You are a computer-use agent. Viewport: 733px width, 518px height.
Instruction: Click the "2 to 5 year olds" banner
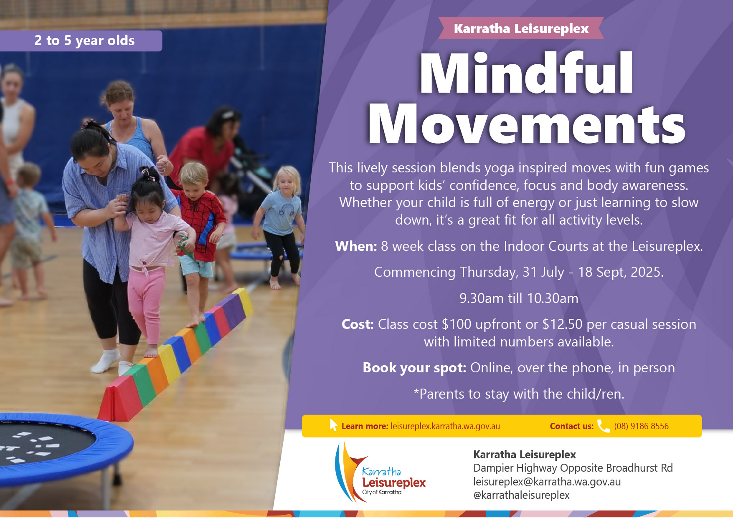[81, 41]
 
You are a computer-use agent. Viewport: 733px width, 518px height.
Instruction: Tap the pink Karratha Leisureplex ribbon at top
[521, 28]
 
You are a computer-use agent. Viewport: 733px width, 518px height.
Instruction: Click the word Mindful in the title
[527, 73]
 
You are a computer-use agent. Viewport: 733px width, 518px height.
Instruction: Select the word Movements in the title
[527, 124]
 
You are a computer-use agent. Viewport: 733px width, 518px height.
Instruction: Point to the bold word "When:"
[356, 246]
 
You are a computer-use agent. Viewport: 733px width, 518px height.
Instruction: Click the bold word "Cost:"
[358, 324]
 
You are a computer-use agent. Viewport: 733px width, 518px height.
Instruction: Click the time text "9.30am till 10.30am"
[519, 298]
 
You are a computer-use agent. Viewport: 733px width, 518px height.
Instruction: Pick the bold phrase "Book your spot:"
[414, 368]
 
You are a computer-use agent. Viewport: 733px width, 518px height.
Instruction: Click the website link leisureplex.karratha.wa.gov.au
[445, 426]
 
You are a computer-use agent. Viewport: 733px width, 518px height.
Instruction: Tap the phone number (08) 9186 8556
[641, 426]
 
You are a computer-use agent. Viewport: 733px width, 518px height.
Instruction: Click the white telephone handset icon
[604, 426]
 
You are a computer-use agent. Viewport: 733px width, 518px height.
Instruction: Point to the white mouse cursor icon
[333, 425]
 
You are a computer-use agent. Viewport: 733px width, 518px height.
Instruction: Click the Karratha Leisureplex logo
[380, 472]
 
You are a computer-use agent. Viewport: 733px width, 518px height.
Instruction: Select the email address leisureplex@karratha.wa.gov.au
[547, 482]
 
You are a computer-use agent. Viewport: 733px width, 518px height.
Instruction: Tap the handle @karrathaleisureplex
[521, 495]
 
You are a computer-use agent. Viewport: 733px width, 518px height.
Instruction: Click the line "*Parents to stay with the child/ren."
[519, 394]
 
